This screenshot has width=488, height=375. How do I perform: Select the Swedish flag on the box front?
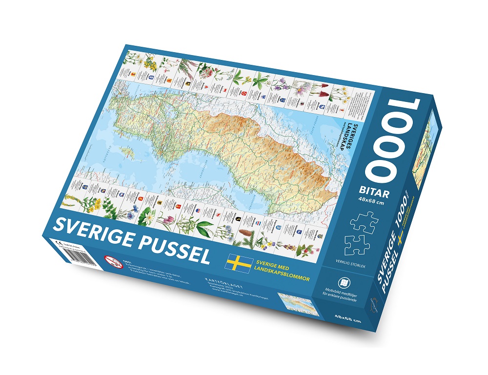(239, 263)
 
